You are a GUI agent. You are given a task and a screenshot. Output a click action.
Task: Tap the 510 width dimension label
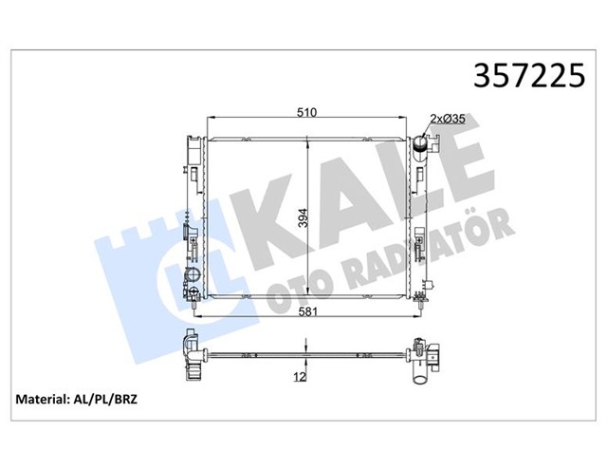pos(305,112)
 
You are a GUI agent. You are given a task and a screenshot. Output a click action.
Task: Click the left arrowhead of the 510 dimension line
pos(208,120)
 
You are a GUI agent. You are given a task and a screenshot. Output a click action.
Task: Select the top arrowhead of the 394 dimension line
pos(305,141)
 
